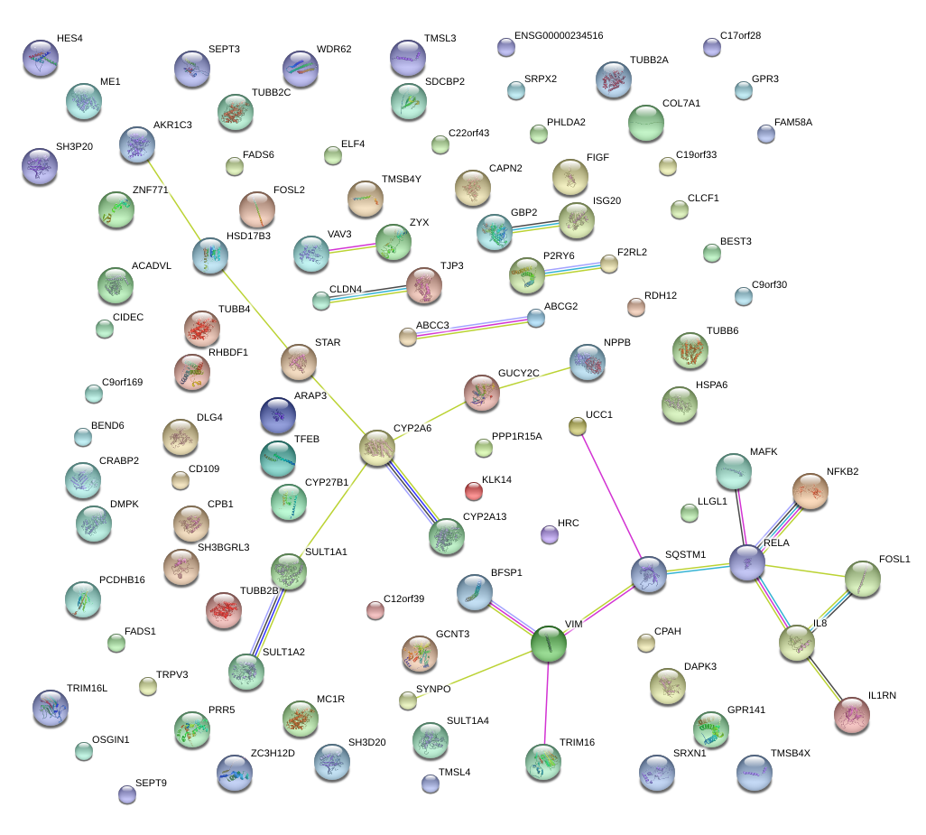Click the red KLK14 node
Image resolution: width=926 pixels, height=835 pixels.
(474, 491)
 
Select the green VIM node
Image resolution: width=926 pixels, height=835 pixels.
(548, 644)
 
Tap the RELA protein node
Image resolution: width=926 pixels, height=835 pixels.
(747, 562)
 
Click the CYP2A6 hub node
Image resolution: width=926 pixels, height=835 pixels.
(377, 448)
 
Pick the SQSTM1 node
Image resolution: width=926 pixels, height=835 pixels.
(649, 574)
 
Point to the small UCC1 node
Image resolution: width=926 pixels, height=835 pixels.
(578, 426)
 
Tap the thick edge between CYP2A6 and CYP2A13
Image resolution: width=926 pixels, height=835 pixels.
(412, 492)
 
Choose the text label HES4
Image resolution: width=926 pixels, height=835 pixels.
(69, 39)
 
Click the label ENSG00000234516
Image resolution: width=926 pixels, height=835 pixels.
(559, 35)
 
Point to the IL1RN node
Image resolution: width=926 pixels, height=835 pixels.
(851, 714)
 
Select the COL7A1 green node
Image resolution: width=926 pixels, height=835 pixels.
(646, 124)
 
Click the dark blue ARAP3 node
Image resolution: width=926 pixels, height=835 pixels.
(277, 414)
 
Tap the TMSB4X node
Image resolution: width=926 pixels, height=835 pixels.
(755, 773)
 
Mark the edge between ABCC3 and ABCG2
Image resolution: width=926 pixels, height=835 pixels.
(472, 327)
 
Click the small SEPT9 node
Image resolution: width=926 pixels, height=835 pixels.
(127, 794)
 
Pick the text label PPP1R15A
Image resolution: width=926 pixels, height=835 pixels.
(517, 437)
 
